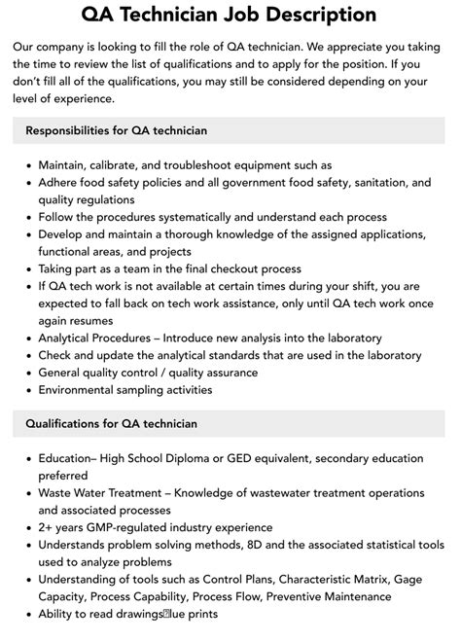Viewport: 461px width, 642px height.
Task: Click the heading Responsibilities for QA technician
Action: pyautogui.click(x=117, y=129)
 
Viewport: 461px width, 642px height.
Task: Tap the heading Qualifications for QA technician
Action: pyautogui.click(x=111, y=423)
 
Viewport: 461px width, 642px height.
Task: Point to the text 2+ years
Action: pyautogui.click(x=62, y=527)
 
